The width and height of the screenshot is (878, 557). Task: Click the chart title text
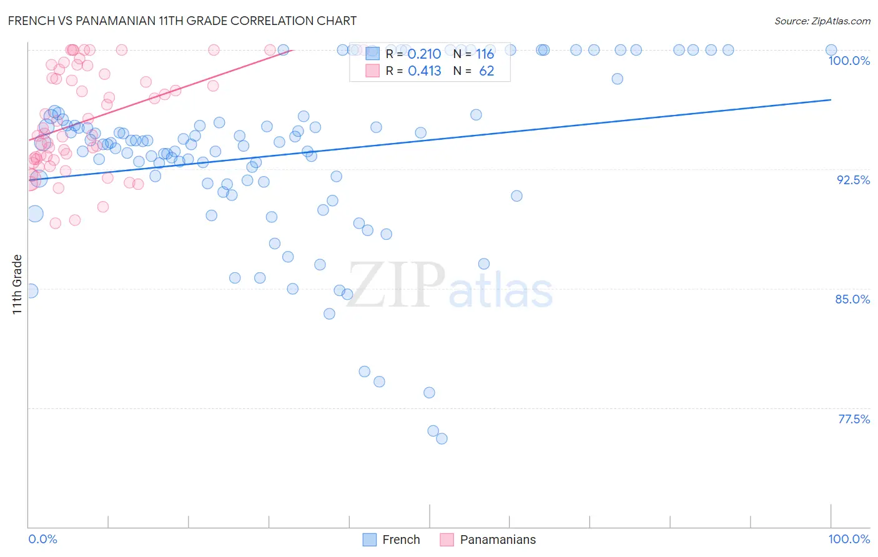(x=182, y=21)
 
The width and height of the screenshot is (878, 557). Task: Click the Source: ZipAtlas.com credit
(x=822, y=21)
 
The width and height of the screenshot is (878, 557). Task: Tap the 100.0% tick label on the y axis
(x=849, y=61)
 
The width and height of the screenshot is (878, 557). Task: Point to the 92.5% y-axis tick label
(x=853, y=180)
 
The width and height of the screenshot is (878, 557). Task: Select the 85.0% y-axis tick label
(x=852, y=299)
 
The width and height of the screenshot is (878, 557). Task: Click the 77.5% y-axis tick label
(x=853, y=419)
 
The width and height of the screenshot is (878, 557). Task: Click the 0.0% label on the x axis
(x=42, y=539)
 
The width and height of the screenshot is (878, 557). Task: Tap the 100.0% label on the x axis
(x=849, y=539)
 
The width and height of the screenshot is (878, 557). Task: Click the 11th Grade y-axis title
(x=17, y=284)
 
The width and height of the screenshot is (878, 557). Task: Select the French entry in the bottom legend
(x=401, y=540)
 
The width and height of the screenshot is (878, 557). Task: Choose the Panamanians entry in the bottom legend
(x=498, y=540)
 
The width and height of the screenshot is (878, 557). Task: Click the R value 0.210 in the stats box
(x=424, y=54)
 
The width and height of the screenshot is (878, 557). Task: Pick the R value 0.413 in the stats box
(x=424, y=71)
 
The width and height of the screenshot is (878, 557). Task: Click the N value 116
(x=485, y=54)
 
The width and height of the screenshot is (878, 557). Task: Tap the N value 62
(x=486, y=71)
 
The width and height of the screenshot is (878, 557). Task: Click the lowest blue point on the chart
(x=441, y=439)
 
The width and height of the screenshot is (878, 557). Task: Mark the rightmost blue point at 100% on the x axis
(x=831, y=50)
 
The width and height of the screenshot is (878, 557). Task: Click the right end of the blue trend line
(x=831, y=99)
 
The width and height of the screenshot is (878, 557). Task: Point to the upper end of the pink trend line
(x=292, y=50)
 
